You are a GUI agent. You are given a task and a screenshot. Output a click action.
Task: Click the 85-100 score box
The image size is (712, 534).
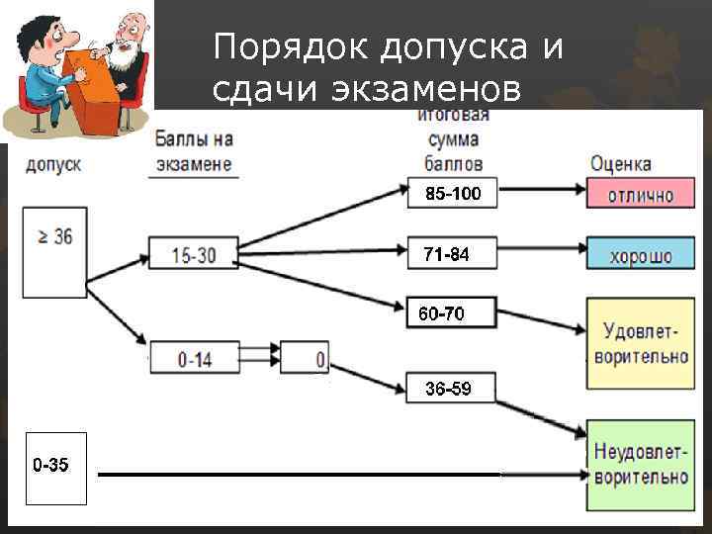(453, 195)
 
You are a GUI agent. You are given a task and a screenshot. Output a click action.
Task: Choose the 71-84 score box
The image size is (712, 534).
(446, 255)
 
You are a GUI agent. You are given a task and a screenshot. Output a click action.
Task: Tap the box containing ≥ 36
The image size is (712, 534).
(55, 254)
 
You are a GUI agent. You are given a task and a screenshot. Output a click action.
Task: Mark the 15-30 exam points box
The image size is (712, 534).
(194, 255)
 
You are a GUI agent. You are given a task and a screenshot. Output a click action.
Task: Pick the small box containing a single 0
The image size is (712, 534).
(306, 358)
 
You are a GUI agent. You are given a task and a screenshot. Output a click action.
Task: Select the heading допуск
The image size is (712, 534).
(53, 163)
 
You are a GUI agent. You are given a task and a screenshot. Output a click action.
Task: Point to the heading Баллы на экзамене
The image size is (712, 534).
(194, 152)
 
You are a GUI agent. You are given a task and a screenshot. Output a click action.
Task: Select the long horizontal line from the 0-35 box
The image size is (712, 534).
(297, 476)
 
